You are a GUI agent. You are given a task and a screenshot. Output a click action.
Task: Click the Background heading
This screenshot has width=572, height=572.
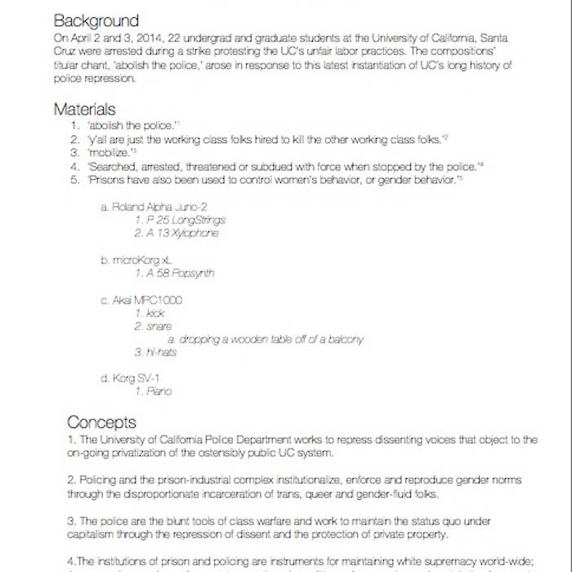[x=96, y=20]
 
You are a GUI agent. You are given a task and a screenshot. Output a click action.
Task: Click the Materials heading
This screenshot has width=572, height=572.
[x=84, y=109]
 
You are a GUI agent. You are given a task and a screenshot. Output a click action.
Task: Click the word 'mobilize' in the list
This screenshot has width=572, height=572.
[x=109, y=153]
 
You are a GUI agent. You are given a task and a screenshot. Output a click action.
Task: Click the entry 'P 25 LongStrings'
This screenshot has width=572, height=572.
[x=180, y=220]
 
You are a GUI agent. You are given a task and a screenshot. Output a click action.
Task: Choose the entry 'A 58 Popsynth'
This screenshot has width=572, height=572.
[x=175, y=273]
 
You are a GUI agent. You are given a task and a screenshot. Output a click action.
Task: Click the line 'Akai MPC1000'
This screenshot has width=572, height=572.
[x=141, y=300]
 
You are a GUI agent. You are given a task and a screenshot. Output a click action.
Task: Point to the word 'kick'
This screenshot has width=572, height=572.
[x=154, y=313]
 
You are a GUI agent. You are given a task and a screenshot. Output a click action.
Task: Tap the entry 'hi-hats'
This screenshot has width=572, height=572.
[x=160, y=352]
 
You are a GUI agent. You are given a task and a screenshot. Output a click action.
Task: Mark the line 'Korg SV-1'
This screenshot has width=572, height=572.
[x=130, y=378]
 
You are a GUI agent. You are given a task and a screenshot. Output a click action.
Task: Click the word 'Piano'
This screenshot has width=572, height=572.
[x=159, y=391]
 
